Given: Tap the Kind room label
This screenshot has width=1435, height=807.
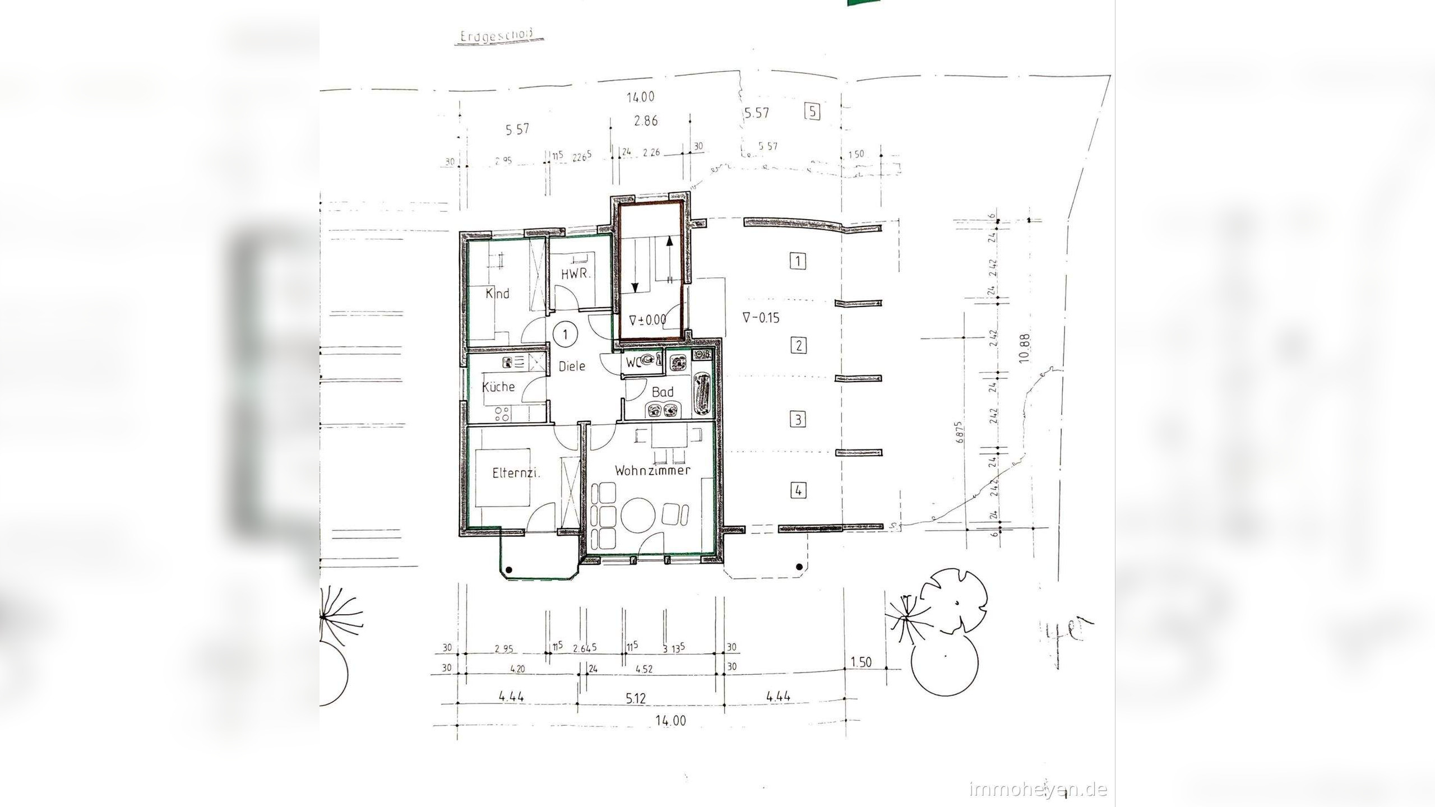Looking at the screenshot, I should click(x=497, y=293).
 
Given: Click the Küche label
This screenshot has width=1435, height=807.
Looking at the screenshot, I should click(x=498, y=387).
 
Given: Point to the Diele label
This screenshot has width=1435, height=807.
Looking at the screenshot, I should click(x=572, y=366).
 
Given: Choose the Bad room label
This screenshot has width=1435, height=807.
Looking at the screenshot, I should click(x=663, y=392).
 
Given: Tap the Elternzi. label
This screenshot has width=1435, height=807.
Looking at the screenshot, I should click(x=516, y=473).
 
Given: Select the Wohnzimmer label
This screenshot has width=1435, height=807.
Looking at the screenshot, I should click(x=652, y=471).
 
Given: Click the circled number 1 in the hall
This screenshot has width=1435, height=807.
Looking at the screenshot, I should click(x=566, y=335).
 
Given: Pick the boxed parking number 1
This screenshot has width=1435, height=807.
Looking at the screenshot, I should click(x=798, y=261).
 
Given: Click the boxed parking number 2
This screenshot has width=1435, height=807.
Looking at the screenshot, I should click(x=798, y=345).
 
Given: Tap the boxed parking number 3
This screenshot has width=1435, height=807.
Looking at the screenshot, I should click(x=798, y=419).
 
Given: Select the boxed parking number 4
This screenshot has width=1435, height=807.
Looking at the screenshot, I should click(x=798, y=491).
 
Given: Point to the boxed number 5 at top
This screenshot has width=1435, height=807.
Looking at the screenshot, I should click(x=812, y=112).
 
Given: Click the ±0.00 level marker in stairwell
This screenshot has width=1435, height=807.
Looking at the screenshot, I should click(x=648, y=320).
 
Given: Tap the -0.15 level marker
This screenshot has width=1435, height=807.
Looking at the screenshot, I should click(x=761, y=318).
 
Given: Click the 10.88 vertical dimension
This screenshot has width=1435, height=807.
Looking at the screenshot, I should click(x=1025, y=349).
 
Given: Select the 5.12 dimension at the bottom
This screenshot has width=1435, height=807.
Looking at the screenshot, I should click(x=636, y=699).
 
